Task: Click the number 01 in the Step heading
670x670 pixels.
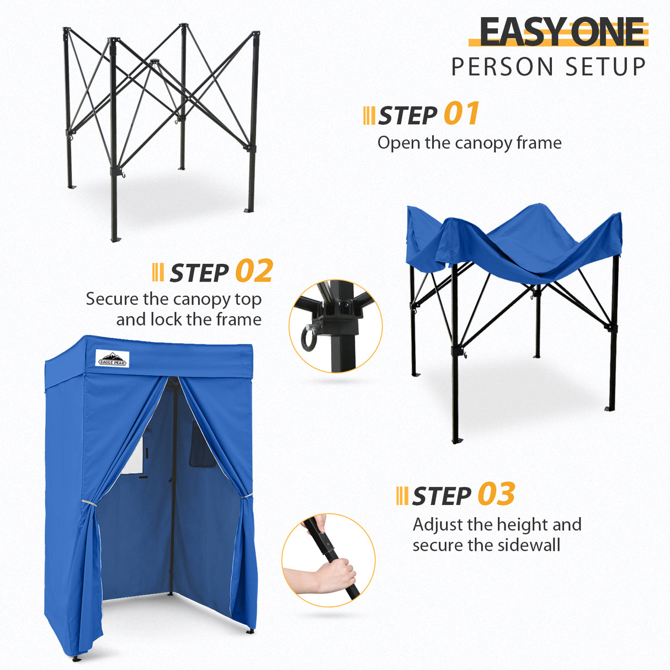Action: click(x=461, y=114)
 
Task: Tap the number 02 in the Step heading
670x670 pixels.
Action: click(x=254, y=271)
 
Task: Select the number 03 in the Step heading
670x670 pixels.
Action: click(x=496, y=494)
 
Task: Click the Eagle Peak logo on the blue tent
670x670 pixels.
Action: click(x=112, y=359)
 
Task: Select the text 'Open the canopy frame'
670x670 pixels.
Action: click(x=469, y=143)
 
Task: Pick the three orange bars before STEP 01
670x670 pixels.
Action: click(x=369, y=115)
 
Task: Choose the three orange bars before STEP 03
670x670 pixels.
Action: click(x=402, y=496)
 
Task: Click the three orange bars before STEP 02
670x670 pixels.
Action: click(x=158, y=273)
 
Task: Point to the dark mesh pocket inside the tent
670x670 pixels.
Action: click(x=201, y=444)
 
